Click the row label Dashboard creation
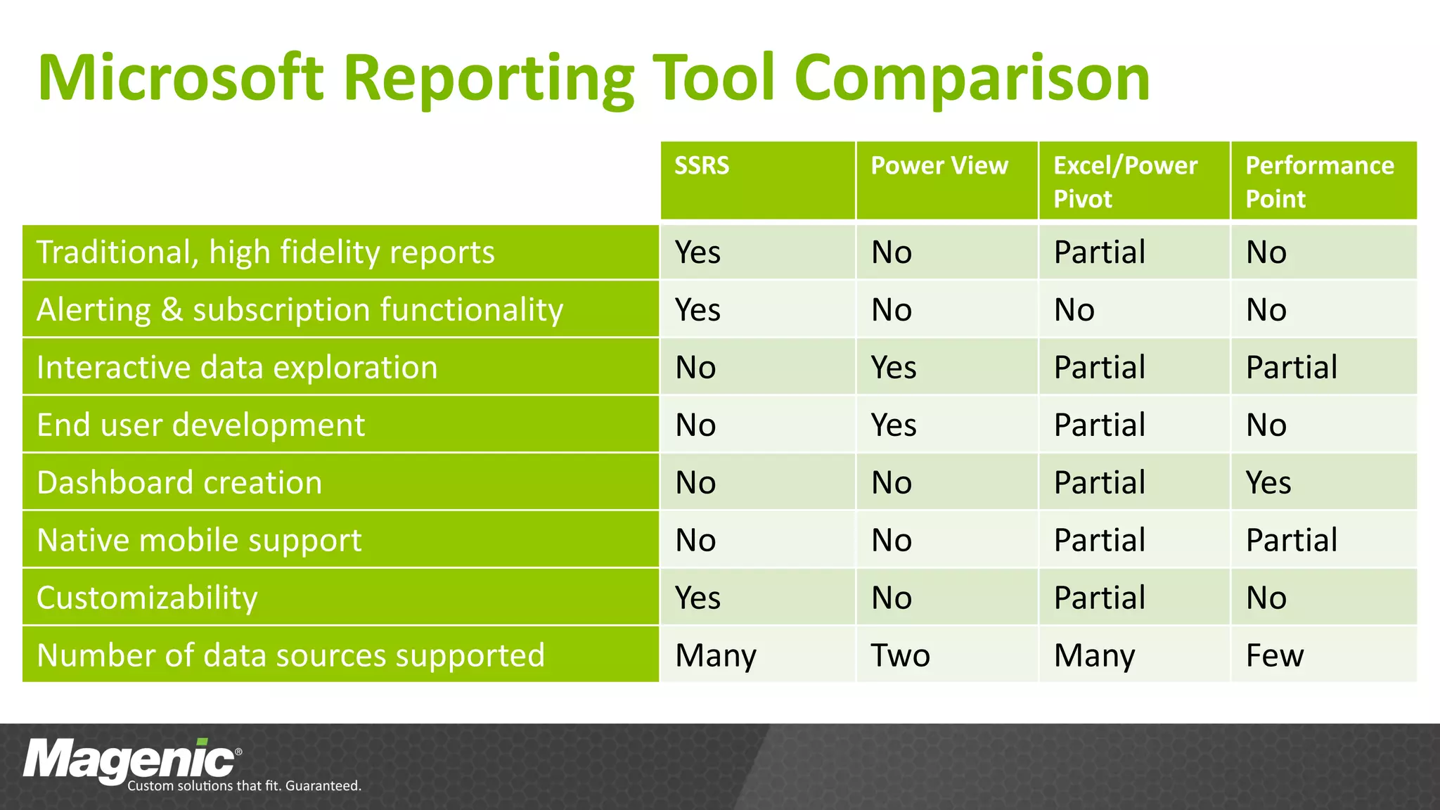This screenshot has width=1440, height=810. tap(179, 483)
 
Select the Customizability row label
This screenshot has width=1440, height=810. tap(147, 598)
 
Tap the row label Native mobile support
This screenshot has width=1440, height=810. tap(199, 541)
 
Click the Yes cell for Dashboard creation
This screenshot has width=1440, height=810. tap(1268, 483)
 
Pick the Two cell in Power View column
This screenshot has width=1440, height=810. tap(900, 655)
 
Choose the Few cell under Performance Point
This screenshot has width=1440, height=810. tap(1274, 655)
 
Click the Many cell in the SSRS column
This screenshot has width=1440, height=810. tap(715, 655)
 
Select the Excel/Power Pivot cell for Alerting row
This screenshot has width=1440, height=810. tap(1074, 310)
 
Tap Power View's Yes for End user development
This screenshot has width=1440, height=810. tap(893, 425)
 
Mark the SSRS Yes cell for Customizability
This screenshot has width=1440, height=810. tap(697, 598)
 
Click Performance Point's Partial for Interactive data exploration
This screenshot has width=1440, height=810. tap(1291, 368)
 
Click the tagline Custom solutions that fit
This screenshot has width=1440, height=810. tap(244, 786)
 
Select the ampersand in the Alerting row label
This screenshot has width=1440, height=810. tap(172, 310)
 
